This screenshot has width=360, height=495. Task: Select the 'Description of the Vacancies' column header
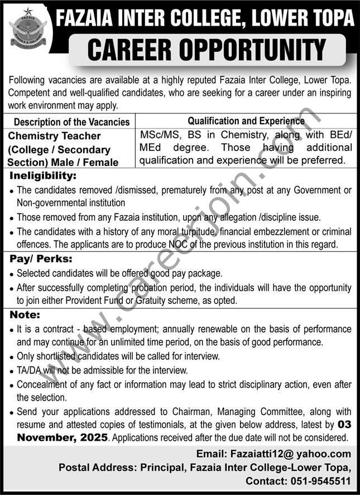(x=71, y=122)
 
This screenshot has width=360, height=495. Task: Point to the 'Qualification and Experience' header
(x=246, y=120)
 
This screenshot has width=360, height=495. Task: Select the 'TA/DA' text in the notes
(x=30, y=370)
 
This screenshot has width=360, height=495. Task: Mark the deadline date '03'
(x=344, y=425)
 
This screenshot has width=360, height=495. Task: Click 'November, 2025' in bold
(x=61, y=438)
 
